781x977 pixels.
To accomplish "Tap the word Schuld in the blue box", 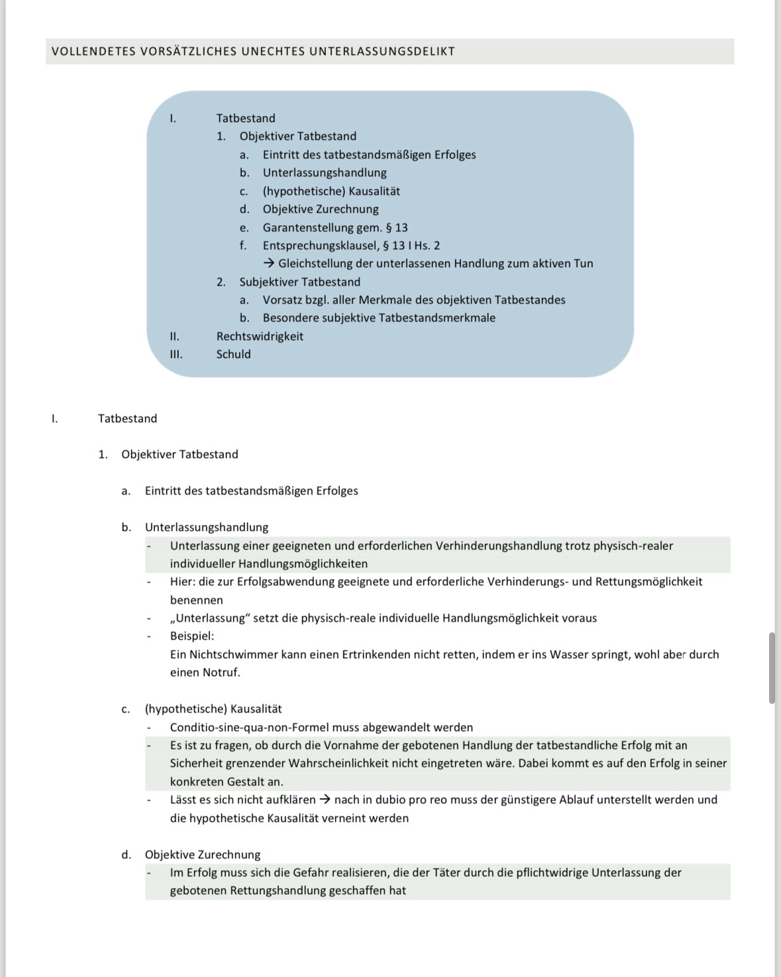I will (x=233, y=354).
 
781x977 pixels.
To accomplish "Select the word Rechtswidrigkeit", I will (x=260, y=336).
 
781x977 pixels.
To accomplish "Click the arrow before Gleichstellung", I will (x=269, y=264).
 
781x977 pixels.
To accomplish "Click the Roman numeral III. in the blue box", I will (x=176, y=354).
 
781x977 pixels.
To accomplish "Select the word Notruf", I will (x=221, y=672).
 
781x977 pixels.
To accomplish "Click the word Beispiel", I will (x=191, y=636).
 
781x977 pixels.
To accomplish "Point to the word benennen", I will (x=196, y=600).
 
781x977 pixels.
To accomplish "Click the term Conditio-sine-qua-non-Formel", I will (x=250, y=727).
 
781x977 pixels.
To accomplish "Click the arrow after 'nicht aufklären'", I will (x=325, y=800).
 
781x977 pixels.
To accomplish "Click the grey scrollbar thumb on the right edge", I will (x=772, y=667).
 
